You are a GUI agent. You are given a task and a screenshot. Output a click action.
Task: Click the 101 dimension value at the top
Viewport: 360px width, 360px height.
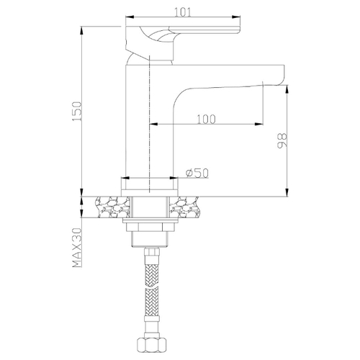183,12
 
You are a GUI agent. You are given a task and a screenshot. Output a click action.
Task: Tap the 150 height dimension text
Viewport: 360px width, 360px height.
78,112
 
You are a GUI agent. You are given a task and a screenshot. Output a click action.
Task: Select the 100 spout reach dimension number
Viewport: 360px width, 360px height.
207,120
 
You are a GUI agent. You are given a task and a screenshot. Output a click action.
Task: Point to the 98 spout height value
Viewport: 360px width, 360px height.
282,140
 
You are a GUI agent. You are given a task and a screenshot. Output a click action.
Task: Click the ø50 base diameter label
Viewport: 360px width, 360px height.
197,174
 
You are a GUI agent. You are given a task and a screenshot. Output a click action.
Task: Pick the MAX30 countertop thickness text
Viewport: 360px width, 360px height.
77,248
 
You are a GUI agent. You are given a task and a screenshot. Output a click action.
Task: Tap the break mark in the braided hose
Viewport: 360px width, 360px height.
152,286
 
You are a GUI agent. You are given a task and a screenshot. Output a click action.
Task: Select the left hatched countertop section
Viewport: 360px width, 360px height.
112,207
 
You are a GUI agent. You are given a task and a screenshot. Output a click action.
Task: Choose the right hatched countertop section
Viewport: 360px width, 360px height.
184,207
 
